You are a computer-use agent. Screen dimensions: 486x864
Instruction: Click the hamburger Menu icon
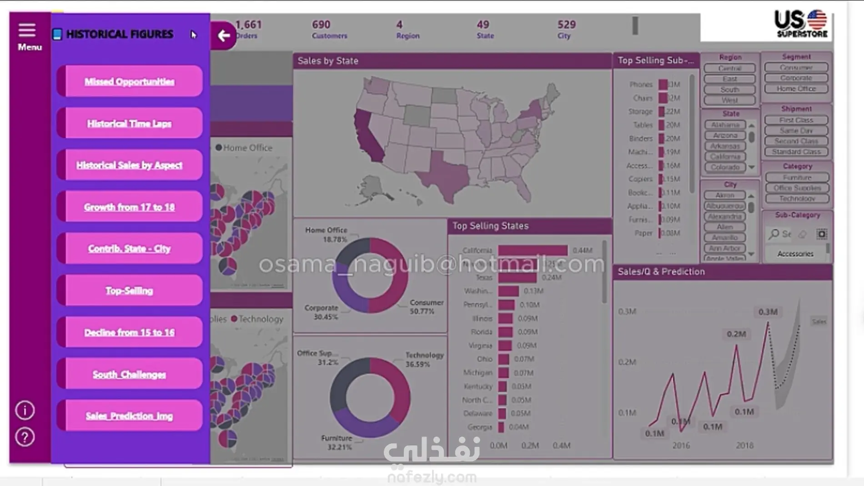pos(27,30)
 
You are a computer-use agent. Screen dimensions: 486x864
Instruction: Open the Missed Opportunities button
pos(130,81)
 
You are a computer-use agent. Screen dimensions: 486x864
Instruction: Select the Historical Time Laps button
pos(130,123)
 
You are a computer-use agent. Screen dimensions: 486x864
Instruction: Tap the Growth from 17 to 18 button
pos(130,207)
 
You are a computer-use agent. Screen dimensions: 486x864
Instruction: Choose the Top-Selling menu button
pos(130,291)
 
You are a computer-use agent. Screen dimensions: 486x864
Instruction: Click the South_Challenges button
pos(130,374)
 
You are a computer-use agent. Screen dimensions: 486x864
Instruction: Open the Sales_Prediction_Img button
pos(130,416)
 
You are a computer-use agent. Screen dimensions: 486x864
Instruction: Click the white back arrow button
pos(223,35)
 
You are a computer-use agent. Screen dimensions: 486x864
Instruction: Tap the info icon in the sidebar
pos(25,410)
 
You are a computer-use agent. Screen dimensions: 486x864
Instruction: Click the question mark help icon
pos(25,437)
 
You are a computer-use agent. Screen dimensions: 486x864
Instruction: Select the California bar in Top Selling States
pos(532,251)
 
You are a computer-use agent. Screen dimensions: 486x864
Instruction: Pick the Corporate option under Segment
pos(796,78)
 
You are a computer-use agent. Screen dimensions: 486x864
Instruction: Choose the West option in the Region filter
pos(729,100)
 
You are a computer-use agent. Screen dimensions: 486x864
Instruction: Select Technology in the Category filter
pos(797,199)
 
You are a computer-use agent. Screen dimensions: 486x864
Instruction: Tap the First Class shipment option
pos(796,120)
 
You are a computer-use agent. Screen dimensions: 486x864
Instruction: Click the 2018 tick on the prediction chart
pos(744,446)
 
